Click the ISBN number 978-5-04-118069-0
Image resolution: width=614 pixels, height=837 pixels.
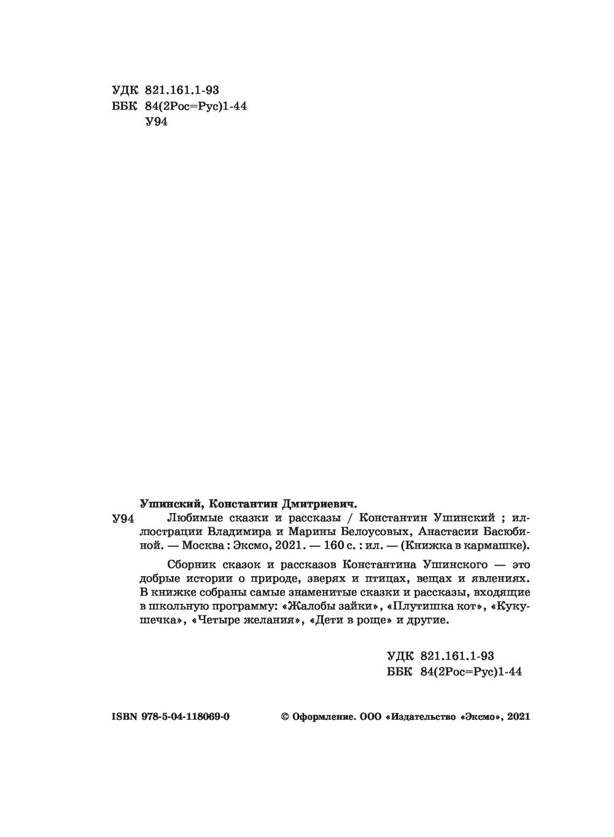[185, 716]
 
